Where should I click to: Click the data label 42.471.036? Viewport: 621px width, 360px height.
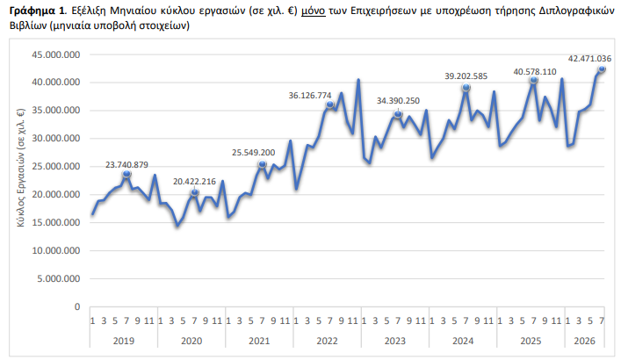(x=589, y=59)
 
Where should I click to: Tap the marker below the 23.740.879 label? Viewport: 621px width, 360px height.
(x=126, y=174)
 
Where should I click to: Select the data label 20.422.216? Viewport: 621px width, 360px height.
(x=194, y=182)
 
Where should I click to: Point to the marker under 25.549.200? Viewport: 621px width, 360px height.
(x=262, y=164)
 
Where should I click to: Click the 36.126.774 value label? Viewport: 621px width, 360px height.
(x=310, y=96)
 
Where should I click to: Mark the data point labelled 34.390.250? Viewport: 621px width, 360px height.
(x=398, y=114)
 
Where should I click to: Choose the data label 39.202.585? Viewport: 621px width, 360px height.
(x=466, y=76)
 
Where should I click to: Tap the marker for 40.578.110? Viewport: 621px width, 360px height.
(x=533, y=80)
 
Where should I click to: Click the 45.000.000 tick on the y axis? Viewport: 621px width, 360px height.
(x=56, y=54)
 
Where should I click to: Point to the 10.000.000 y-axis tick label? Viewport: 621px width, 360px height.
(x=56, y=251)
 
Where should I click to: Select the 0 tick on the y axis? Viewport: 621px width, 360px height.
(x=77, y=307)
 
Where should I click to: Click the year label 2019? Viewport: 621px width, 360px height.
(x=124, y=341)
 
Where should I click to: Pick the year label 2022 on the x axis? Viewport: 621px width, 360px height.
(x=327, y=341)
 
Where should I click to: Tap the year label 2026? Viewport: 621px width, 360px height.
(x=585, y=341)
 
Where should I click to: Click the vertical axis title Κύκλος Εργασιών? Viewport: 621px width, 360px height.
(x=21, y=167)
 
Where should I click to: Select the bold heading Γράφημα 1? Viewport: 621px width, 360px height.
(x=36, y=11)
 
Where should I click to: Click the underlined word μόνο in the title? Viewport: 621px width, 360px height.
(x=314, y=11)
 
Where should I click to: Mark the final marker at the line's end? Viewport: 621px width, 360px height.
(x=602, y=69)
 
